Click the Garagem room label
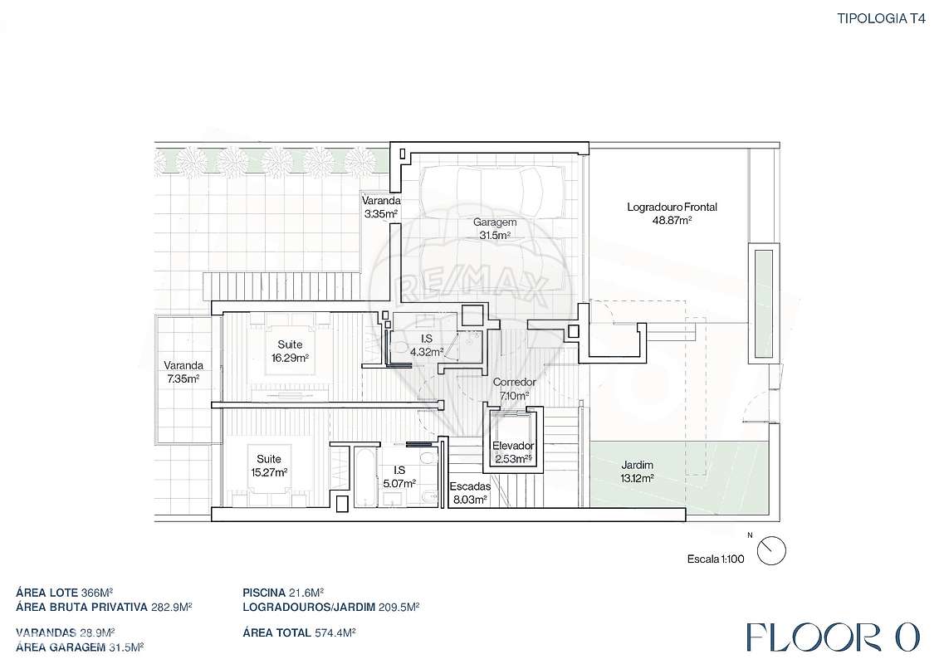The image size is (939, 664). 494,229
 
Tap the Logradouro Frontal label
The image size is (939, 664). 672,213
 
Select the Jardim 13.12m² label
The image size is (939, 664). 637,471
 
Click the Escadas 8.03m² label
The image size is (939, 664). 470,493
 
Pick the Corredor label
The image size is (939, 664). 514,388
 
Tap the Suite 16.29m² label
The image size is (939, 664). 290,351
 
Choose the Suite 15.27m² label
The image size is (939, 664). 269,466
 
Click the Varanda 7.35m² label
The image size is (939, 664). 183,372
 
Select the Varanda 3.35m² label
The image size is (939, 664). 381,207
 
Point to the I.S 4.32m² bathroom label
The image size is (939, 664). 427,345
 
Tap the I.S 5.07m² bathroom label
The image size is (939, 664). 399,476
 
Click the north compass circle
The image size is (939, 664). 771,551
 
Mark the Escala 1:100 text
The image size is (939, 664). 716,559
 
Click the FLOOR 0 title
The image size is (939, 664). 833,637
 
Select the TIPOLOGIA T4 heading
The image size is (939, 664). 881,18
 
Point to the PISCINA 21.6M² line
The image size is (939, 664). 283,593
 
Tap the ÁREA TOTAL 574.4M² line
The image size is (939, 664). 300,632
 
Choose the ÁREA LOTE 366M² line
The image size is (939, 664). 65,593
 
